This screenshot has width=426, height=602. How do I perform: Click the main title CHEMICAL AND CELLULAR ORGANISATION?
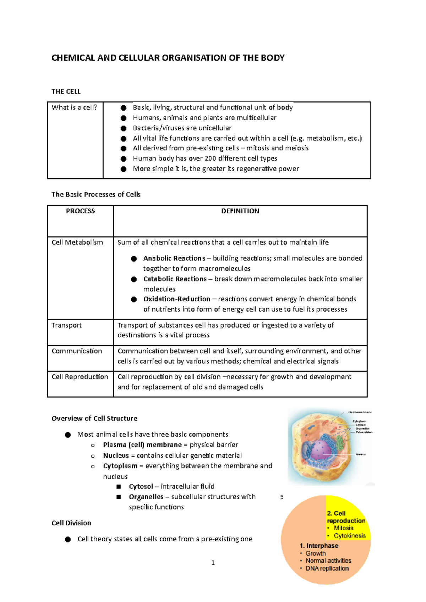[168, 58]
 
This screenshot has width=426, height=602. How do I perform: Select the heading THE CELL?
[66, 91]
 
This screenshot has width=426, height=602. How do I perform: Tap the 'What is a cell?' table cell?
[75, 107]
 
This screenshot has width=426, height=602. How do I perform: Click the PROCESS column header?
[81, 211]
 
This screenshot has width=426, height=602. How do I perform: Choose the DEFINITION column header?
[240, 211]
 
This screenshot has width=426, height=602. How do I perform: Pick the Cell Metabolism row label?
[77, 243]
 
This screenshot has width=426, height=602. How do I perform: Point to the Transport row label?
[66, 325]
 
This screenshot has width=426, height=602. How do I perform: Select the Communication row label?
[77, 351]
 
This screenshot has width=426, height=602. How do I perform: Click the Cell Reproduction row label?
[80, 377]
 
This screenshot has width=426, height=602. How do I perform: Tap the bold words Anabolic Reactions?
[174, 258]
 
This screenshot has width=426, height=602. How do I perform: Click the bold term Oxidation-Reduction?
[177, 299]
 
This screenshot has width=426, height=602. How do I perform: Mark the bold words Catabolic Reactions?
[175, 279]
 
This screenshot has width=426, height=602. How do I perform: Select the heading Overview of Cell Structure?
[94, 418]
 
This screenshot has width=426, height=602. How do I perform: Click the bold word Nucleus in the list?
[116, 456]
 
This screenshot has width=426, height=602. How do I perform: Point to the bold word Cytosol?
[141, 486]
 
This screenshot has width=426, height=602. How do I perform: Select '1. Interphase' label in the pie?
[319, 546]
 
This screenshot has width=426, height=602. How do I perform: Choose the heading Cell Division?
[71, 523]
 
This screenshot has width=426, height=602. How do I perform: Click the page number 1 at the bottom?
[213, 563]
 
